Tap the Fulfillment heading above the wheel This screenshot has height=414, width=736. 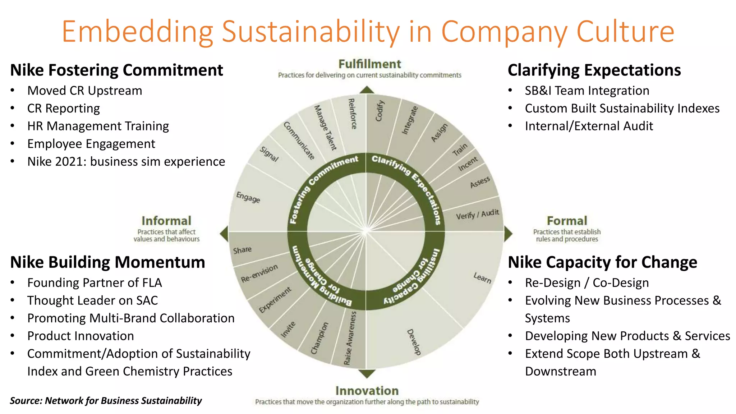coord(369,64)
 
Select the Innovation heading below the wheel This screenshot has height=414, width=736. coord(367,391)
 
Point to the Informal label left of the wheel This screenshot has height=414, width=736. coord(166,221)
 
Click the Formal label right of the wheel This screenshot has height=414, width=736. coord(567,221)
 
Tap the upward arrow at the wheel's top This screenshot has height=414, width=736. coord(367,90)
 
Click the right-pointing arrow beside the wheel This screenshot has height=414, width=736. coord(508,234)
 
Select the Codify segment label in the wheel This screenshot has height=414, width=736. coord(380,111)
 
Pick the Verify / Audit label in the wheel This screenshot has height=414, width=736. coord(477,215)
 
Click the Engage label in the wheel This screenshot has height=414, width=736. coord(248,197)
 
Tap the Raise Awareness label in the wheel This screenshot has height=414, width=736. coord(350,338)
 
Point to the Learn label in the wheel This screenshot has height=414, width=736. coord(482,277)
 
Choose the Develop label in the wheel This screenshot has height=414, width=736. coord(414,342)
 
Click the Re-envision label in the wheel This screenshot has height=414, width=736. coord(259,273)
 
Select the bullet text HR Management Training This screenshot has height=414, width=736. coord(98,126)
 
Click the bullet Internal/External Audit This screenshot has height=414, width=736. coord(589,126)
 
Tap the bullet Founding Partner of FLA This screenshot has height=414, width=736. coord(95,283)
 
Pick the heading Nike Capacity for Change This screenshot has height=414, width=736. coord(602,262)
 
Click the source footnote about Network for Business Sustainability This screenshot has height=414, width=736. coord(106,400)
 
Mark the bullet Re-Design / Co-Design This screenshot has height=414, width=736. coord(587,283)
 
